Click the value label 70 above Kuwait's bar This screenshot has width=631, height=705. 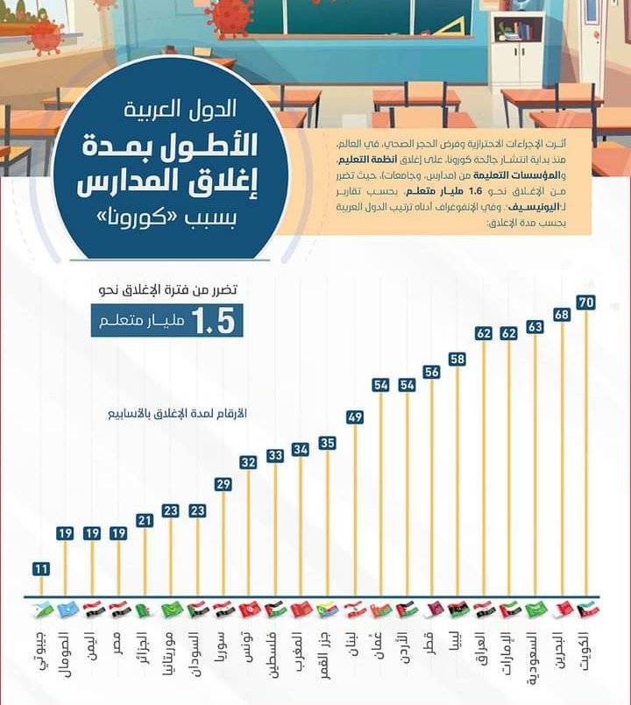587,303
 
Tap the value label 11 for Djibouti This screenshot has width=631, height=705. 40,568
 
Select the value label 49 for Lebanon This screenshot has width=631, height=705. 355,417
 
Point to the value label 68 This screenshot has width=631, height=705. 562,314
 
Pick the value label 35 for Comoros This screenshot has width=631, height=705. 327,443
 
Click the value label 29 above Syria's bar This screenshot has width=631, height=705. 223,484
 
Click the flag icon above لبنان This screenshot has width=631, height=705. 353,609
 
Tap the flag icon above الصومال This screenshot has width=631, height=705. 64,609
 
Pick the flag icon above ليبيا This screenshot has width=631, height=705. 457,609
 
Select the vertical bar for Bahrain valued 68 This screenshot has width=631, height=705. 562,456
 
